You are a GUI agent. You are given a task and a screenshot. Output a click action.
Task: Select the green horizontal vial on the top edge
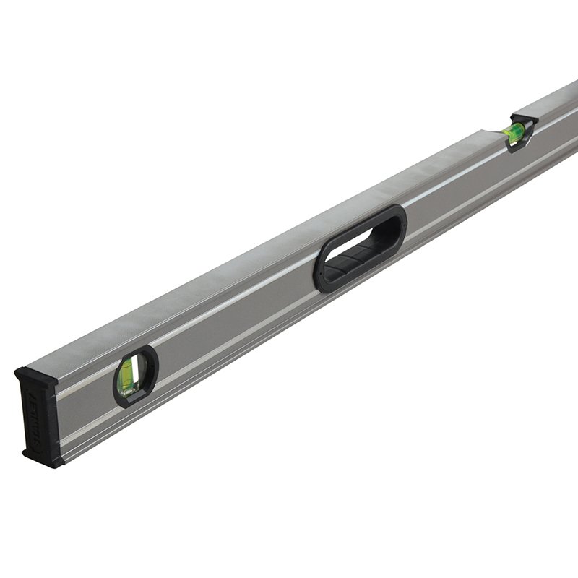click(517, 131)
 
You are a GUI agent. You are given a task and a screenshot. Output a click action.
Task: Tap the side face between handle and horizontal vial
click(455, 188)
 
